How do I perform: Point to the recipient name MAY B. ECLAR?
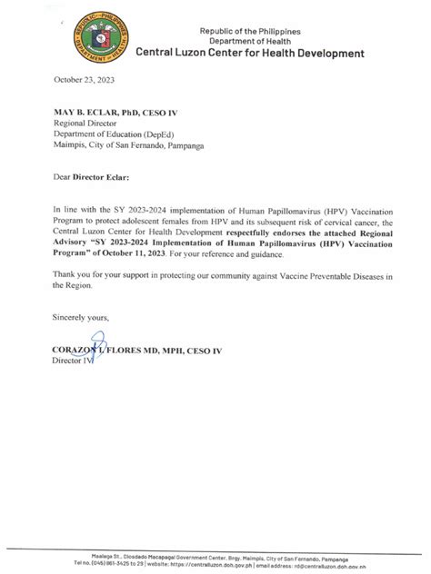pos(93,112)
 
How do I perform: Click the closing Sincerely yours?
pos(82,317)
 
